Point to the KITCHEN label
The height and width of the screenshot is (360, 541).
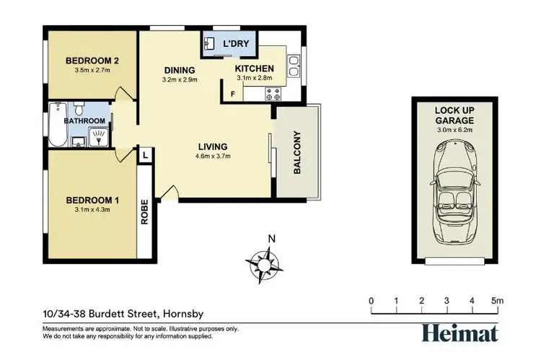click(255, 69)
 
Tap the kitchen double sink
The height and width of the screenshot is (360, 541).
click(294, 67)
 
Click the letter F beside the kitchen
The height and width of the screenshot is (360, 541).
click(232, 93)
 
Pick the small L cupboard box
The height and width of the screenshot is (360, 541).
click(145, 154)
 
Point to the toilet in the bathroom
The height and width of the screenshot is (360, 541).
click(80, 110)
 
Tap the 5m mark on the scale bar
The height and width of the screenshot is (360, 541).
click(498, 301)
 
